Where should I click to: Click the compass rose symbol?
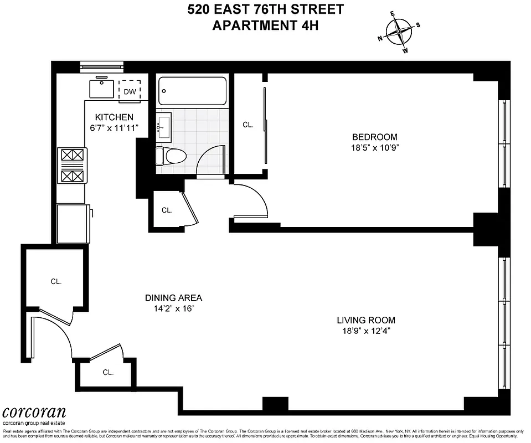point(399,32)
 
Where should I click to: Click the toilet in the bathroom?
point(171,157)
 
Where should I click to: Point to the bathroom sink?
point(164,127)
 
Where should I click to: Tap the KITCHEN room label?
point(114,117)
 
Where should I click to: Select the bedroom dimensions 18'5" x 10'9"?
point(375,148)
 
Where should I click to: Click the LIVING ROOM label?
point(366,320)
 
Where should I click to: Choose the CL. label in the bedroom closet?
point(248,125)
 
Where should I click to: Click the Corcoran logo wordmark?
point(34,413)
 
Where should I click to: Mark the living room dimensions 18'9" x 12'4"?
point(366,332)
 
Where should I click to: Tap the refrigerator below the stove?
point(73,223)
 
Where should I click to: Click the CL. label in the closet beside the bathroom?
point(167,210)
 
